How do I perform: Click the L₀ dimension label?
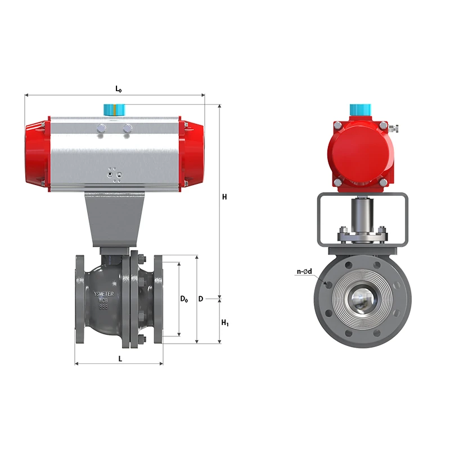[x=118, y=89]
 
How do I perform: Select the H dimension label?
[x=224, y=197]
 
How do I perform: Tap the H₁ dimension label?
[x=225, y=323]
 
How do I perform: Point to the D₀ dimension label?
[x=184, y=299]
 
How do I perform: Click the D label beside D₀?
[x=201, y=299]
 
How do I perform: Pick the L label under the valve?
[x=120, y=359]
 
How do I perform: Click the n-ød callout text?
[x=304, y=271]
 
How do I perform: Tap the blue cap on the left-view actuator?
[x=115, y=110]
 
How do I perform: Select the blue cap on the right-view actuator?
[x=361, y=110]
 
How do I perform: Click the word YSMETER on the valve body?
[x=103, y=294]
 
